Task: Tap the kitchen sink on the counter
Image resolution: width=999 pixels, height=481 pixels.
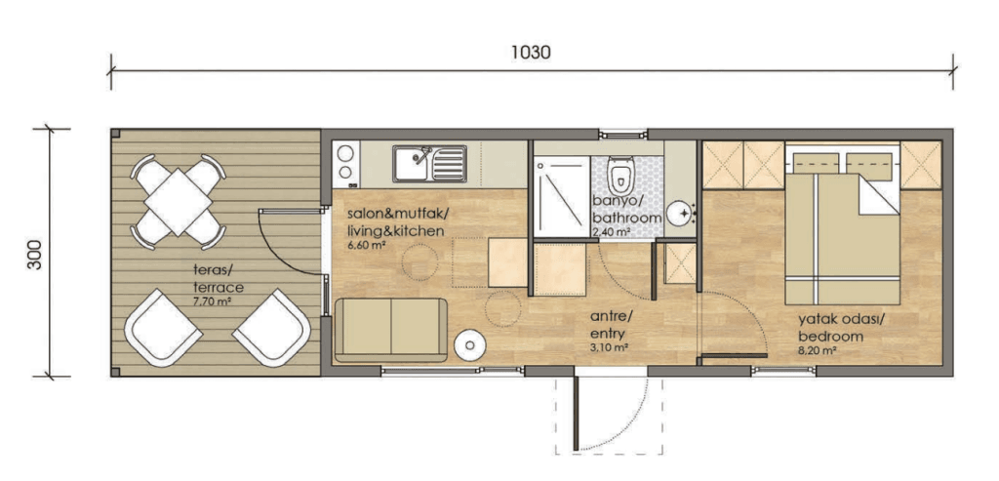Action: click(x=428, y=163)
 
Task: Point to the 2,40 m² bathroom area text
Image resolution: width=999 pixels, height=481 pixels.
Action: click(x=613, y=232)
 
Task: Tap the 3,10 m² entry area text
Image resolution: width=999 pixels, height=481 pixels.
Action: click(x=609, y=346)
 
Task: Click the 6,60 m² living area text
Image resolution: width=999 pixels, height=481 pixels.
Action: click(x=366, y=245)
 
